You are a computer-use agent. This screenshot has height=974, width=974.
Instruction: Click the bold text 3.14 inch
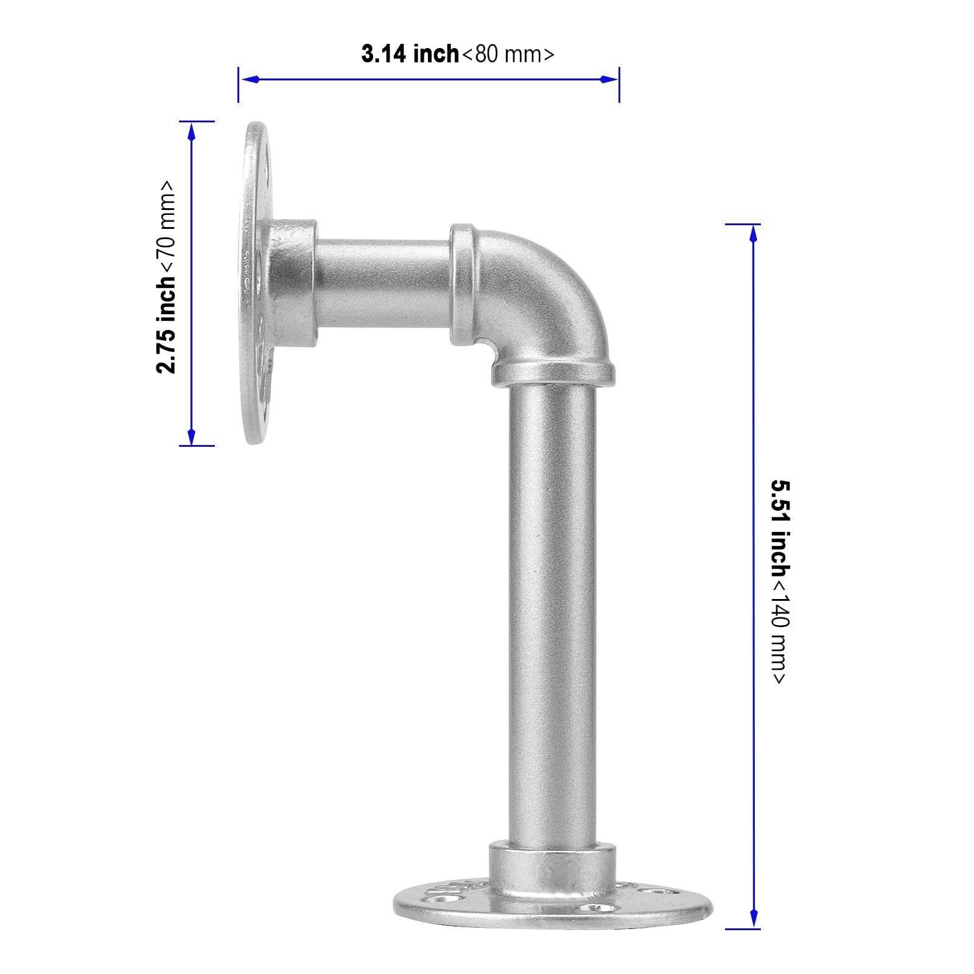click(x=410, y=54)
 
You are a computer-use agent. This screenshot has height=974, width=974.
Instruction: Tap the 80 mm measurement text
click(x=508, y=54)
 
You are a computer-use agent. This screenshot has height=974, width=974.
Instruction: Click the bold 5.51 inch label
click(x=781, y=528)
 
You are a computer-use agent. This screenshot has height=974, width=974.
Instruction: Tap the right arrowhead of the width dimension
click(x=609, y=79)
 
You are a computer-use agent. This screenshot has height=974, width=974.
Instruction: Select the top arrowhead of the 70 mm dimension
click(x=192, y=131)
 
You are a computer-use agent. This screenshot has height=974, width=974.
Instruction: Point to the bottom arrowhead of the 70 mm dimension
click(x=192, y=435)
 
